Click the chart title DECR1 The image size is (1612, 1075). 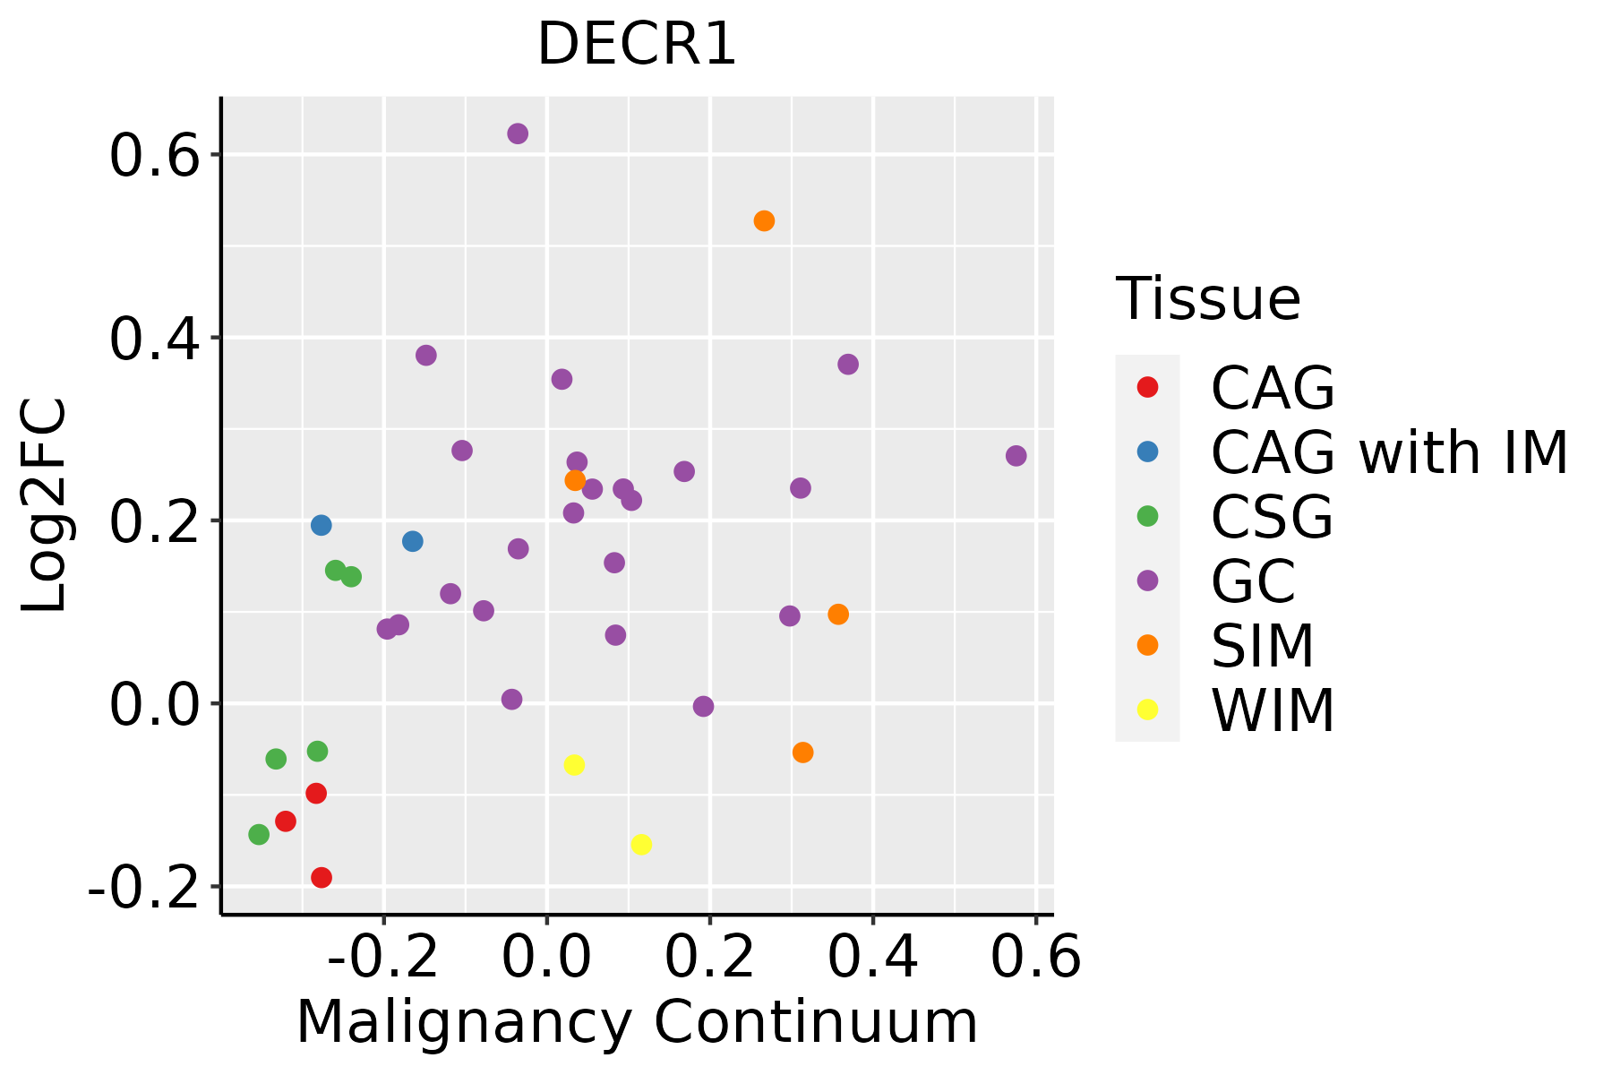click(x=637, y=45)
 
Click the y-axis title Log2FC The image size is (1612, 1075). click(x=45, y=506)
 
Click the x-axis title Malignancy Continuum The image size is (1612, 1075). click(x=637, y=1023)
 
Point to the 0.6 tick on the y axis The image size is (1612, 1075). click(x=152, y=155)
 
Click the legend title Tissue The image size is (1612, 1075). click(x=1208, y=299)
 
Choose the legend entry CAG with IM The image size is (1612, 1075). click(x=1388, y=452)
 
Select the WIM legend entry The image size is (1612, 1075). click(x=1272, y=710)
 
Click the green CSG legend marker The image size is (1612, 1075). click(x=1147, y=516)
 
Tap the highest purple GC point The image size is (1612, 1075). click(x=518, y=133)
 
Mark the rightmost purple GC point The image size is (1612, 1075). click(x=1016, y=456)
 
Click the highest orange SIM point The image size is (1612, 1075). click(x=764, y=221)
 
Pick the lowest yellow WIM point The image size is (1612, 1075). click(x=641, y=845)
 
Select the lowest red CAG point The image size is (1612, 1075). click(x=322, y=878)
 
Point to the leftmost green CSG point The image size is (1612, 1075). click(x=259, y=835)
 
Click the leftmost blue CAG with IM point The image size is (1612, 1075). click(x=322, y=525)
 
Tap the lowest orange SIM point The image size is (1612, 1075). click(x=803, y=752)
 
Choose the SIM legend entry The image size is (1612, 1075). click(x=1262, y=646)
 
